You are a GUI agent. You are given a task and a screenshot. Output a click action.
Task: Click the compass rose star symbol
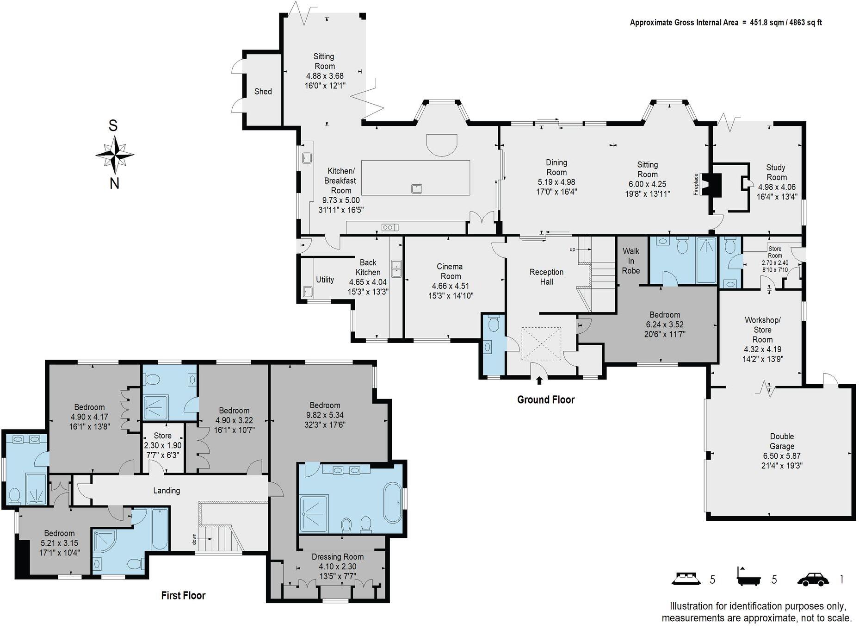[115, 155]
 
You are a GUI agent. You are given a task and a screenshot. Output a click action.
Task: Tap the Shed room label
[263, 92]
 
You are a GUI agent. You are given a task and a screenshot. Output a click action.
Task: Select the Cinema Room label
[450, 271]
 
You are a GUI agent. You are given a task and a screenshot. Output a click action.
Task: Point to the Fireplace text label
[695, 184]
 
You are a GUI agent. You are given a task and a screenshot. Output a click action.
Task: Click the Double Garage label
[782, 441]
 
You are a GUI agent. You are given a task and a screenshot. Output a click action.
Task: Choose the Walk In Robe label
[631, 261]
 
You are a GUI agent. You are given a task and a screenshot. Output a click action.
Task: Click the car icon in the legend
[813, 580]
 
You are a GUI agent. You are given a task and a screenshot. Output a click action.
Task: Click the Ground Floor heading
[546, 399]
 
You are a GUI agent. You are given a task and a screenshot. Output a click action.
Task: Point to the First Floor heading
[183, 595]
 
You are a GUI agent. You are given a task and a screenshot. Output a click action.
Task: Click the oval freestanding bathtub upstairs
[393, 503]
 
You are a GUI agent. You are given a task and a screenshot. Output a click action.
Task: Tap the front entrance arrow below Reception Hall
[539, 380]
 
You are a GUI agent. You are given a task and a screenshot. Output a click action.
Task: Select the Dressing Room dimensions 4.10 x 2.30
[337, 567]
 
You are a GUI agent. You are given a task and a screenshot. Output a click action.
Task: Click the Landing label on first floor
[167, 491]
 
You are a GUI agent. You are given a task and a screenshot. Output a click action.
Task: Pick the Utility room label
[325, 280]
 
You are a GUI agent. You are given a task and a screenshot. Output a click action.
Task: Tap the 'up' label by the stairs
[572, 250]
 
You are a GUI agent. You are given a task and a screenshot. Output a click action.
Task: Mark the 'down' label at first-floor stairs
[195, 539]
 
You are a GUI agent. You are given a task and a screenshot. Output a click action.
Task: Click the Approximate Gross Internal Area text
[684, 22]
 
